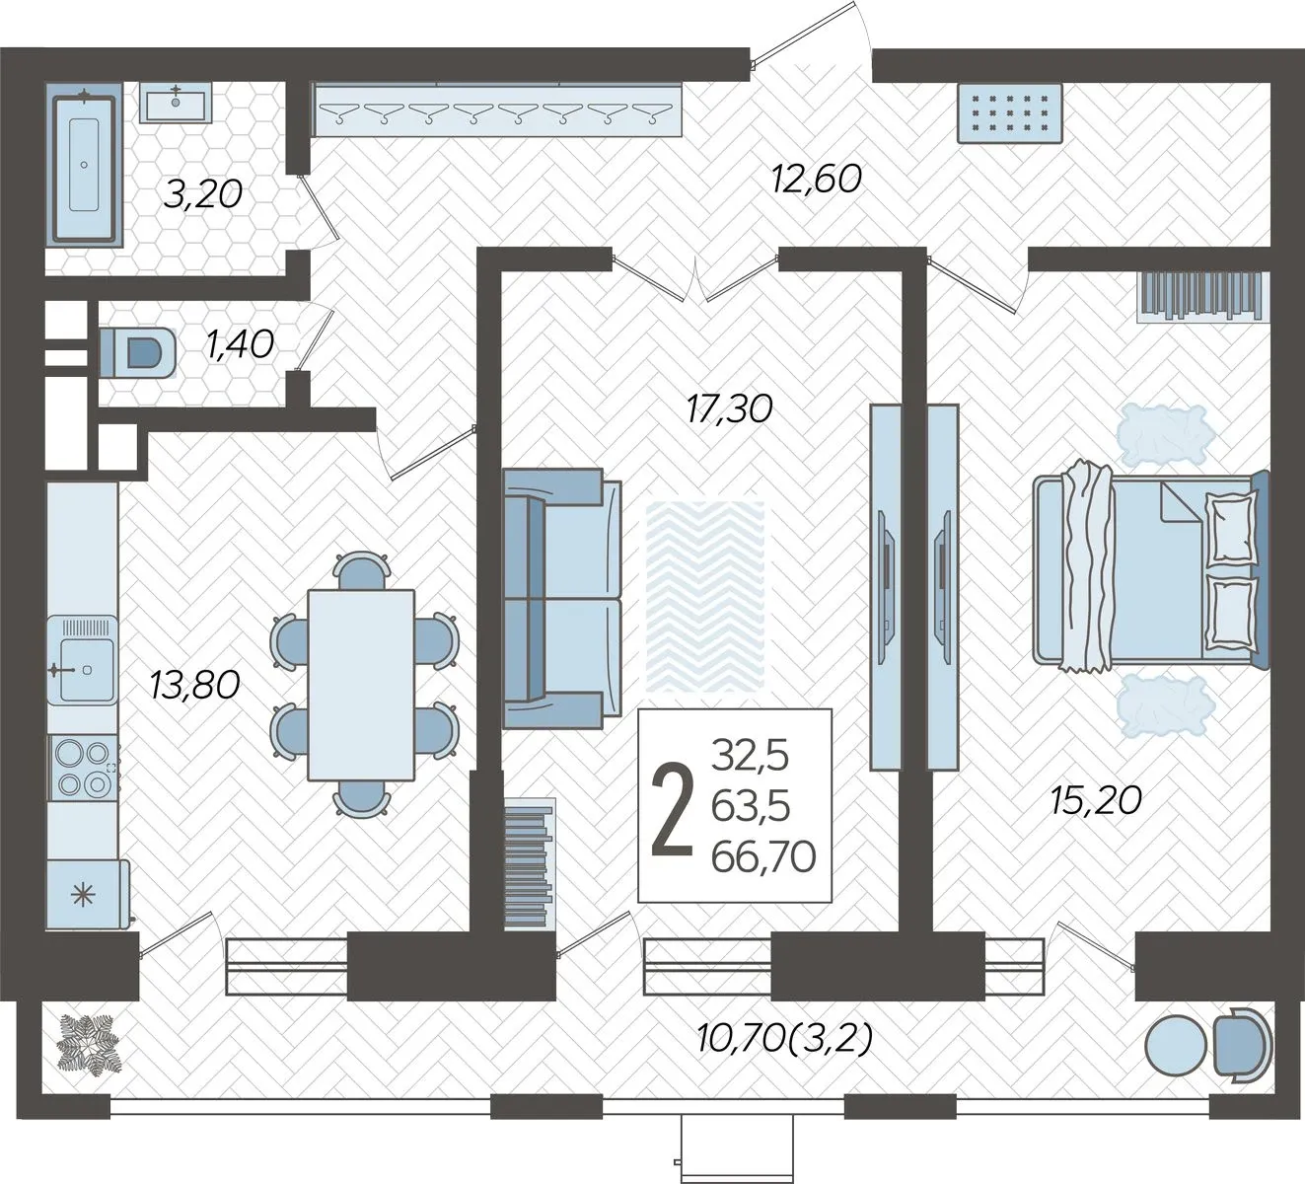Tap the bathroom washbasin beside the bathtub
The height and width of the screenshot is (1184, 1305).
click(x=176, y=103)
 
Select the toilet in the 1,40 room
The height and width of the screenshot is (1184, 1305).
click(x=138, y=352)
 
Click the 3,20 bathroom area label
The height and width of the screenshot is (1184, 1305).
click(x=203, y=194)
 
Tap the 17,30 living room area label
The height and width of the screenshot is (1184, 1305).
click(x=730, y=408)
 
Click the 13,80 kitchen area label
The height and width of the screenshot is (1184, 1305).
click(x=194, y=685)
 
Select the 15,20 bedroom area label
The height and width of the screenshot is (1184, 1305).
click(x=1096, y=800)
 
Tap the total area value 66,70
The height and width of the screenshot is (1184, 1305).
click(x=763, y=856)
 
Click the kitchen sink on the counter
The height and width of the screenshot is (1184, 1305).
click(x=83, y=669)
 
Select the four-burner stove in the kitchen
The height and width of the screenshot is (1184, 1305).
click(x=83, y=768)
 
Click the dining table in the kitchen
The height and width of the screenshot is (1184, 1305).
click(x=361, y=685)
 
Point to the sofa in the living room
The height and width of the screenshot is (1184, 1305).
click(x=562, y=598)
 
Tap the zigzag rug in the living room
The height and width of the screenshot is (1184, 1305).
click(x=705, y=597)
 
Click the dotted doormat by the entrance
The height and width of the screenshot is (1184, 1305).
click(x=1010, y=112)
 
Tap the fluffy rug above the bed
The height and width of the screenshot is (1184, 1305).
click(x=1165, y=432)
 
